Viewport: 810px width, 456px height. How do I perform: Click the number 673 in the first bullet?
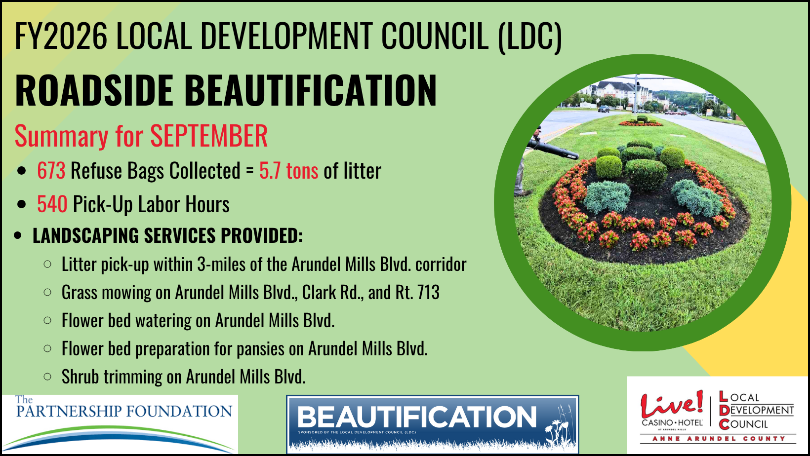(x=51, y=170)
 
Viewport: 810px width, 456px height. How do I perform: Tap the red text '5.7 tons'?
(x=288, y=170)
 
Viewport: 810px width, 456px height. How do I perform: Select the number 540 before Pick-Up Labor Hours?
(x=52, y=204)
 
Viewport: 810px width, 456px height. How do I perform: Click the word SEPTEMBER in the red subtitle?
(x=209, y=136)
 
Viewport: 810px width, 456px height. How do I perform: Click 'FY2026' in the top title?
(x=61, y=36)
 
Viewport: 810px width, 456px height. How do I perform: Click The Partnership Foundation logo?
(x=120, y=424)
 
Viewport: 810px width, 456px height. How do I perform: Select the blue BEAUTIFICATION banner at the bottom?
(x=433, y=424)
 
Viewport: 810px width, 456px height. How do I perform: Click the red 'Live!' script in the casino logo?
(x=672, y=404)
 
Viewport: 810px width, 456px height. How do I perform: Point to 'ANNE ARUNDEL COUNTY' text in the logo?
(x=719, y=439)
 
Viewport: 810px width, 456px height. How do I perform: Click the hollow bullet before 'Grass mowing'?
(x=47, y=292)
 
